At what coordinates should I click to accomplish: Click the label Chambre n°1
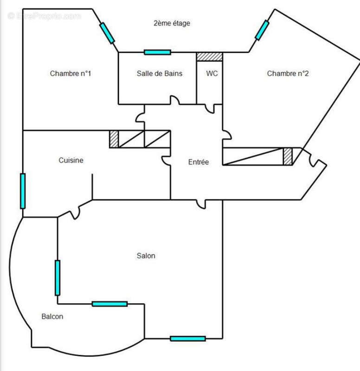pos(70,73)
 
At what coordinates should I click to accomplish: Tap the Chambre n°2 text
pos(288,73)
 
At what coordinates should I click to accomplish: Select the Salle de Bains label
pos(159,73)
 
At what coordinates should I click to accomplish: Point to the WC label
pos(212,73)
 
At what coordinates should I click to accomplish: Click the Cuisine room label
pos(71,160)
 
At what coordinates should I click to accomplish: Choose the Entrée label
pos(198,162)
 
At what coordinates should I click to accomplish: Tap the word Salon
pos(146,256)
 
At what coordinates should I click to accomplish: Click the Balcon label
pos(52,317)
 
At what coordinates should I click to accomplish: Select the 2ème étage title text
pos(172,23)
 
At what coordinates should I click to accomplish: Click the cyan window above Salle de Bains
pos(157,52)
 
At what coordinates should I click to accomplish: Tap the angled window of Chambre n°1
pos(107,32)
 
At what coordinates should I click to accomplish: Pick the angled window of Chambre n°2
pos(262,30)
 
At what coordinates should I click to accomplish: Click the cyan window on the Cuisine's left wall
pos(23,191)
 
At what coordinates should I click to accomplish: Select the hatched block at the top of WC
pos(209,57)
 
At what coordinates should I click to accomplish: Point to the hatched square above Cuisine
pos(114,139)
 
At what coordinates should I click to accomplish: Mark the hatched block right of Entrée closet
pos(288,156)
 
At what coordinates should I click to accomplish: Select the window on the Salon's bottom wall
pos(187,339)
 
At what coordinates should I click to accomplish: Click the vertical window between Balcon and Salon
pos(58,277)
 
